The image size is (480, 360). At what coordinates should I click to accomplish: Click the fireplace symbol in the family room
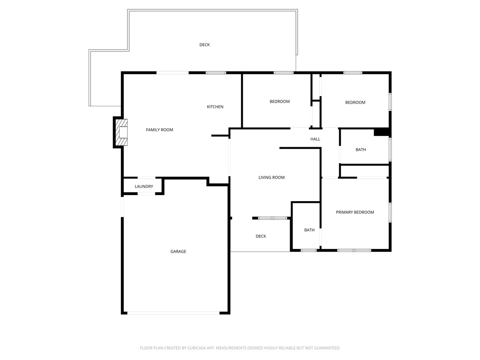[121, 133]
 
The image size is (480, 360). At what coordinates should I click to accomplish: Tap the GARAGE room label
[178, 252]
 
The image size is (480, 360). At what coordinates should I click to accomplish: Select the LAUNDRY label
[144, 187]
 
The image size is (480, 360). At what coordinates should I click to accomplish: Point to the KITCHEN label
[215, 107]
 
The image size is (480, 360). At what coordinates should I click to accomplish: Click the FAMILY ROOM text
[159, 130]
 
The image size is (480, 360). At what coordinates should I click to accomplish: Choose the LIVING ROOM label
[271, 178]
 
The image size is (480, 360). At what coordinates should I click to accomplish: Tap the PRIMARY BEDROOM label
[355, 212]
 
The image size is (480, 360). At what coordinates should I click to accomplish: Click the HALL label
[315, 139]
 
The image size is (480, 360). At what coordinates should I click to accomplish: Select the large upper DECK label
[204, 45]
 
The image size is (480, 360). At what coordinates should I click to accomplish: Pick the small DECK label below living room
[261, 236]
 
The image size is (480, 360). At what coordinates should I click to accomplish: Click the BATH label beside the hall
[360, 150]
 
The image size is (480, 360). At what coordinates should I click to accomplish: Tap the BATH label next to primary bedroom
[309, 230]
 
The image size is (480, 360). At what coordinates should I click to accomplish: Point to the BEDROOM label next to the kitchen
[279, 102]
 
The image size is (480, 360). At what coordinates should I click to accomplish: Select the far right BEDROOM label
[355, 103]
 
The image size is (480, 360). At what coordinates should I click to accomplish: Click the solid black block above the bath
[382, 132]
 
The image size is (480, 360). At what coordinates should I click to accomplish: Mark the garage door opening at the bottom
[173, 313]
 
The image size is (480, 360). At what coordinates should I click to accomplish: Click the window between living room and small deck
[273, 218]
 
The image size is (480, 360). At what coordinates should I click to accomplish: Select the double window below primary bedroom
[354, 250]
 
